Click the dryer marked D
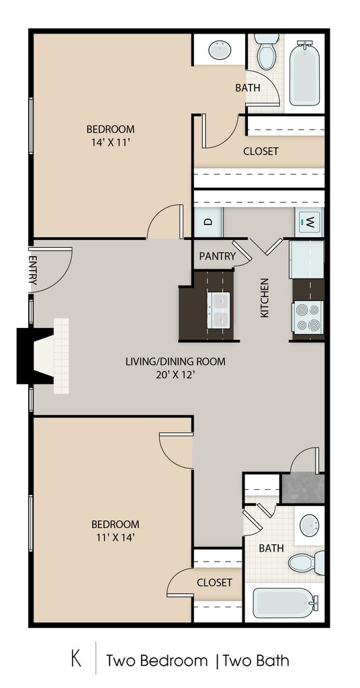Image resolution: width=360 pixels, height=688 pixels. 208,222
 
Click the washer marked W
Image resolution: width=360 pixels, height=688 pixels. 309,222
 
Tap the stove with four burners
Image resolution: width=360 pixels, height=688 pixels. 308,318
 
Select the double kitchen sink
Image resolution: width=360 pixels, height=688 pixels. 219,310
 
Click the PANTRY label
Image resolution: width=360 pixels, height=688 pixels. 218,256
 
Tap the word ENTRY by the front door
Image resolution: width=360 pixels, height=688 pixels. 32,270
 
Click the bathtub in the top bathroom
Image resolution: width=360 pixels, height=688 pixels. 304,73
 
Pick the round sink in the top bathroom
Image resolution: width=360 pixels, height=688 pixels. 220,50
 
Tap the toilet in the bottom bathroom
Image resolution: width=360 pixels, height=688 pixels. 306,562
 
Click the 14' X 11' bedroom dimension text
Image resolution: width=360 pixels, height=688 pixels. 111,142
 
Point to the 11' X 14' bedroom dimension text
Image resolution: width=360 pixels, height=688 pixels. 116,537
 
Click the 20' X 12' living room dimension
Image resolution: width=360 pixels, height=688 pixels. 176,375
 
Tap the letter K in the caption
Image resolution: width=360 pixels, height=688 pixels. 77,660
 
